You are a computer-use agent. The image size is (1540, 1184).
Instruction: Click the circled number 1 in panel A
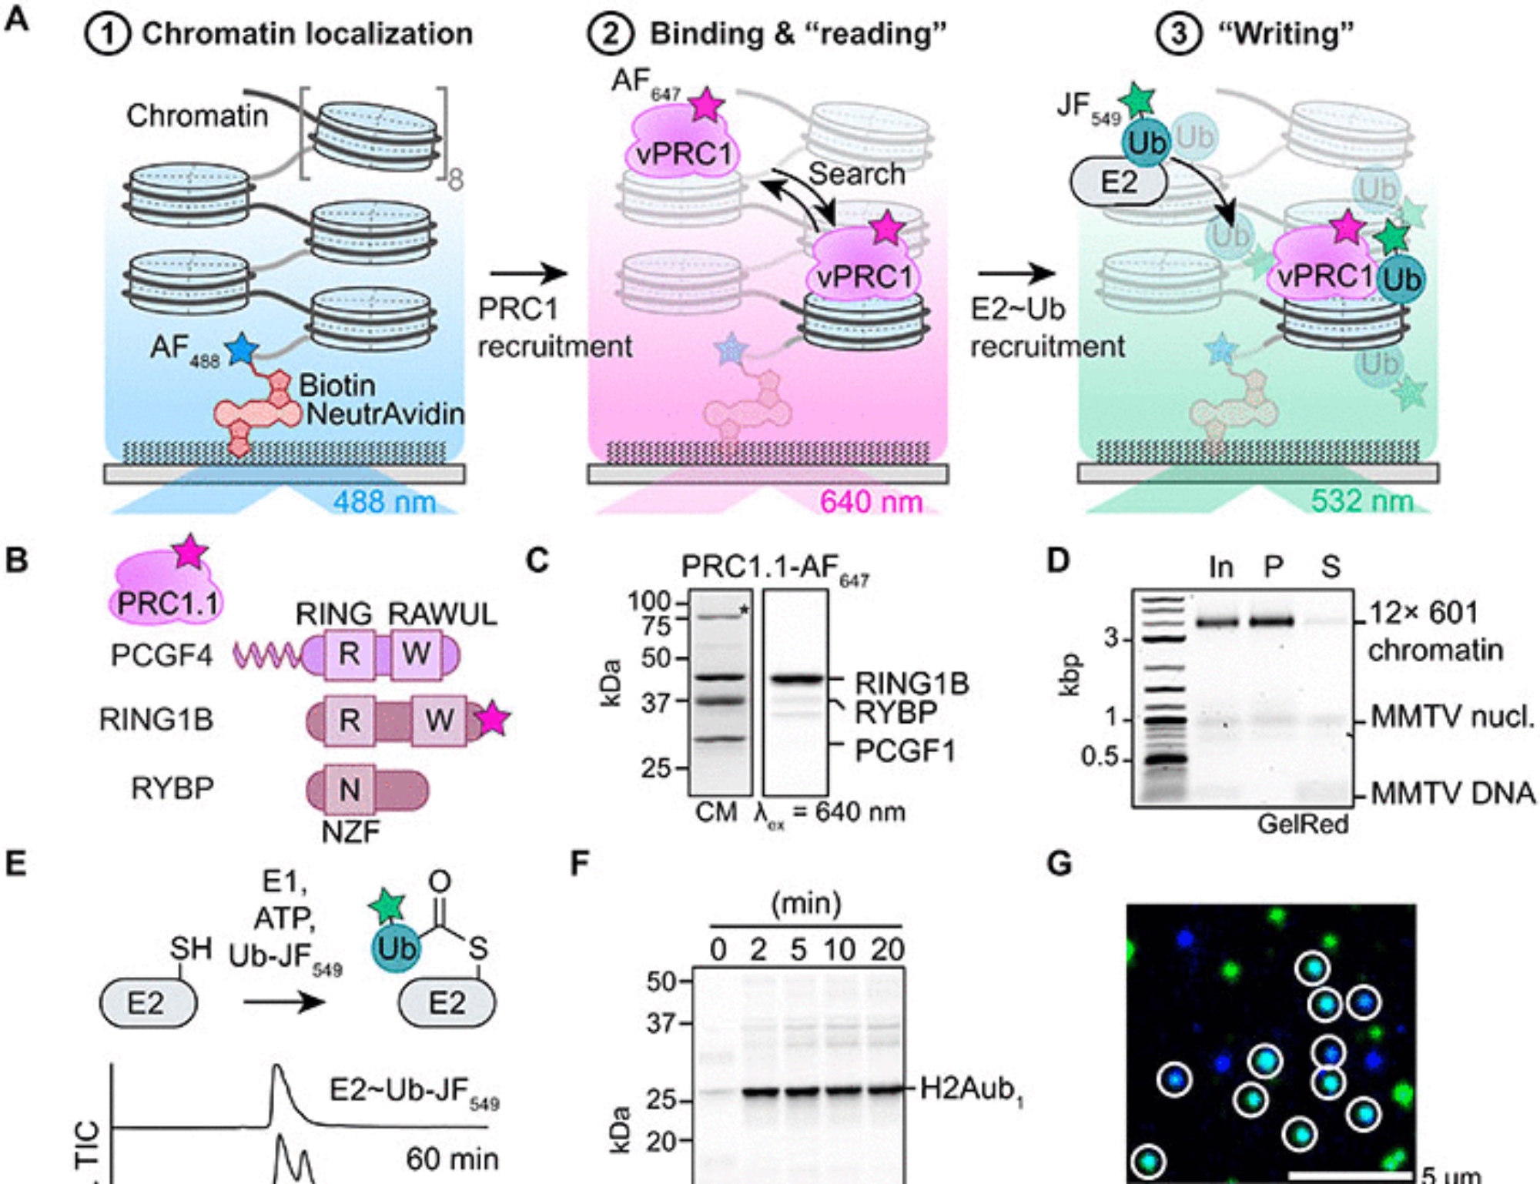tap(107, 35)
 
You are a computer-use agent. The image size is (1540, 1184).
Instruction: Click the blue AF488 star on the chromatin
tap(242, 349)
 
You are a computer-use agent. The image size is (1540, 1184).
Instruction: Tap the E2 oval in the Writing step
tap(1118, 182)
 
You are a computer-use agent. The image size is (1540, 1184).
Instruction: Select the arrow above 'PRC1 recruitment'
tap(528, 273)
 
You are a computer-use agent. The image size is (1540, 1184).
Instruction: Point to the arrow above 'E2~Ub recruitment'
tap(1016, 273)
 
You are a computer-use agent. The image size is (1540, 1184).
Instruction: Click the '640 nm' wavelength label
tap(871, 502)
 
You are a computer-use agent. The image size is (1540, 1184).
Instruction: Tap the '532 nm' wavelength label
tap(1361, 502)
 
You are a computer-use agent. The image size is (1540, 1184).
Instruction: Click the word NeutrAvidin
tap(385, 414)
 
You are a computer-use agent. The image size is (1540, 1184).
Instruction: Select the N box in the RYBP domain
tap(350, 789)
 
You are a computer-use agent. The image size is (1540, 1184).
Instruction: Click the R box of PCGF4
tap(349, 654)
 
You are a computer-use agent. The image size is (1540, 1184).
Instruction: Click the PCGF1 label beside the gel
tap(905, 750)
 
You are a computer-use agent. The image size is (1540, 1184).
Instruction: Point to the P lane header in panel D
tap(1274, 567)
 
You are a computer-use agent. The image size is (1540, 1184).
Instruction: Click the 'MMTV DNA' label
tap(1452, 793)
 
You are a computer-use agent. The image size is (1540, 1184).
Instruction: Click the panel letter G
tap(1060, 864)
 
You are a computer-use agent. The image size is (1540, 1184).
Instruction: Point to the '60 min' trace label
tap(452, 1159)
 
